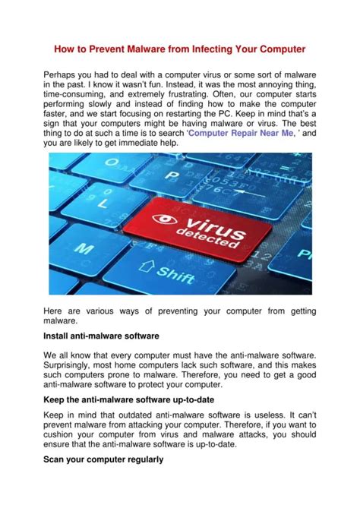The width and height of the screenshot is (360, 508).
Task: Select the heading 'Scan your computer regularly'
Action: (103, 461)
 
